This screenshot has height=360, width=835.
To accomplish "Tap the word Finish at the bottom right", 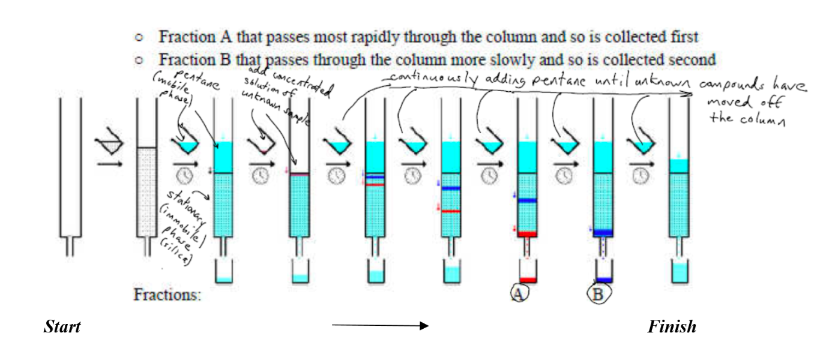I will (672, 328).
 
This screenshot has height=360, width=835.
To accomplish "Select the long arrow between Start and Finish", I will (379, 326).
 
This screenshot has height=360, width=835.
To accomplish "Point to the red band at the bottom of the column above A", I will (526, 233).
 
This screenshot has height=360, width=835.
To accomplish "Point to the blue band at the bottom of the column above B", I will (602, 233).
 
